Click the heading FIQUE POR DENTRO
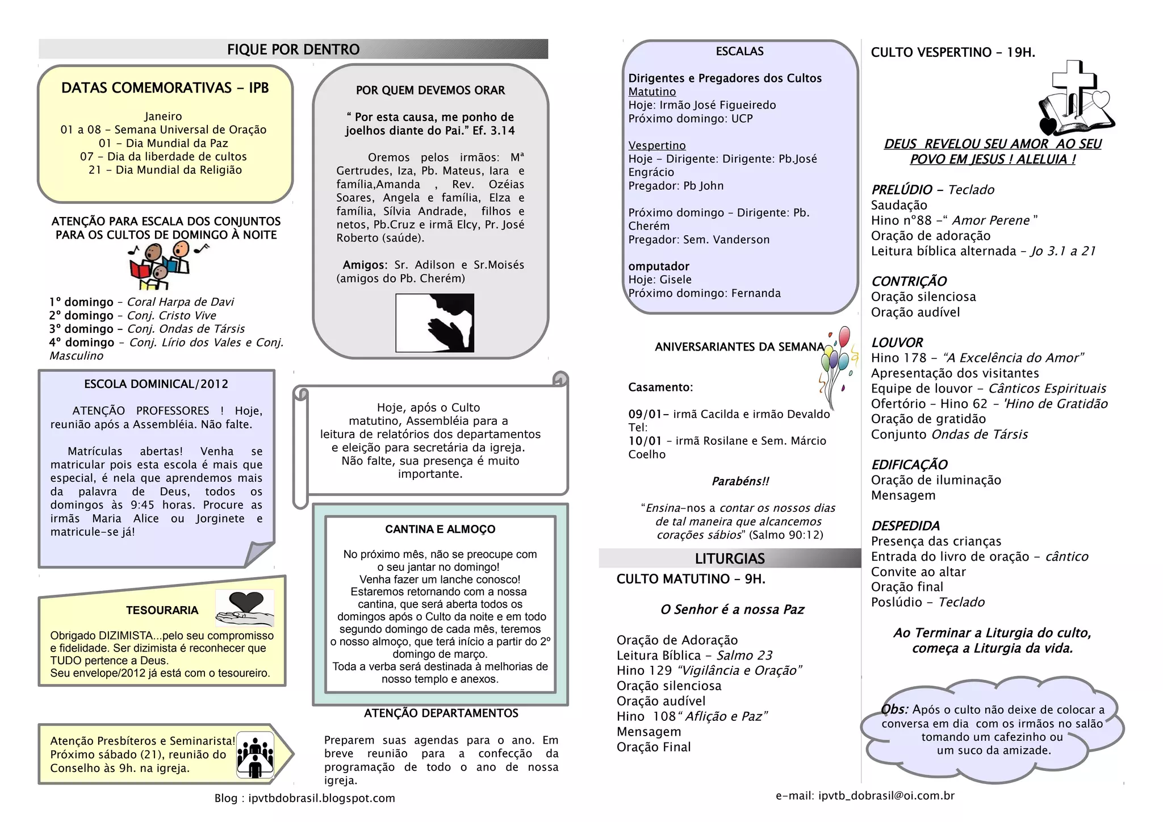coord(293,49)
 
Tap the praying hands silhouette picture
coord(434,323)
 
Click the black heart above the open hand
coord(246,601)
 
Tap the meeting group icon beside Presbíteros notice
coord(255,754)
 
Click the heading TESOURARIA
coord(162,610)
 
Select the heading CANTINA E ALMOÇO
coord(440,529)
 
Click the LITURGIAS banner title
coord(730,558)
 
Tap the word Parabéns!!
coord(741,481)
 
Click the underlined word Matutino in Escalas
coord(652,91)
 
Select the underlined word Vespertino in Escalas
coord(657,145)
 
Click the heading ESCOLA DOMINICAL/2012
coord(156,384)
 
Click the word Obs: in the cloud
coord(894,709)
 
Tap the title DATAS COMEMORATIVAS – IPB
coord(165,88)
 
